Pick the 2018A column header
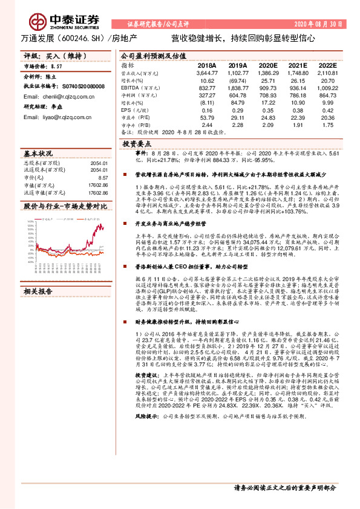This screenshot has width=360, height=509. pyautogui.click(x=206, y=65)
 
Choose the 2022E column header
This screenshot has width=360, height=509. pyautogui.click(x=327, y=65)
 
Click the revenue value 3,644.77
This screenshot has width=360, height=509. pyautogui.click(x=206, y=73)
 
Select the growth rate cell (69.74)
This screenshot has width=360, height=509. pyautogui.click(x=237, y=80)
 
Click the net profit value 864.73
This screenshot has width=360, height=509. pyautogui.click(x=327, y=96)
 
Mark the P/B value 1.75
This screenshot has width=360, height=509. pyautogui.click(x=328, y=125)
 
